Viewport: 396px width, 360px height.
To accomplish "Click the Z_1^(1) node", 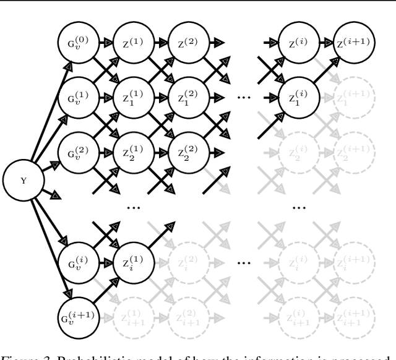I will (x=129, y=97).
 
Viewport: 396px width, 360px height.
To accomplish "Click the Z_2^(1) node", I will (x=129, y=151).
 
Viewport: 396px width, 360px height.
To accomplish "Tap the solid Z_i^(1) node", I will (x=129, y=258).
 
